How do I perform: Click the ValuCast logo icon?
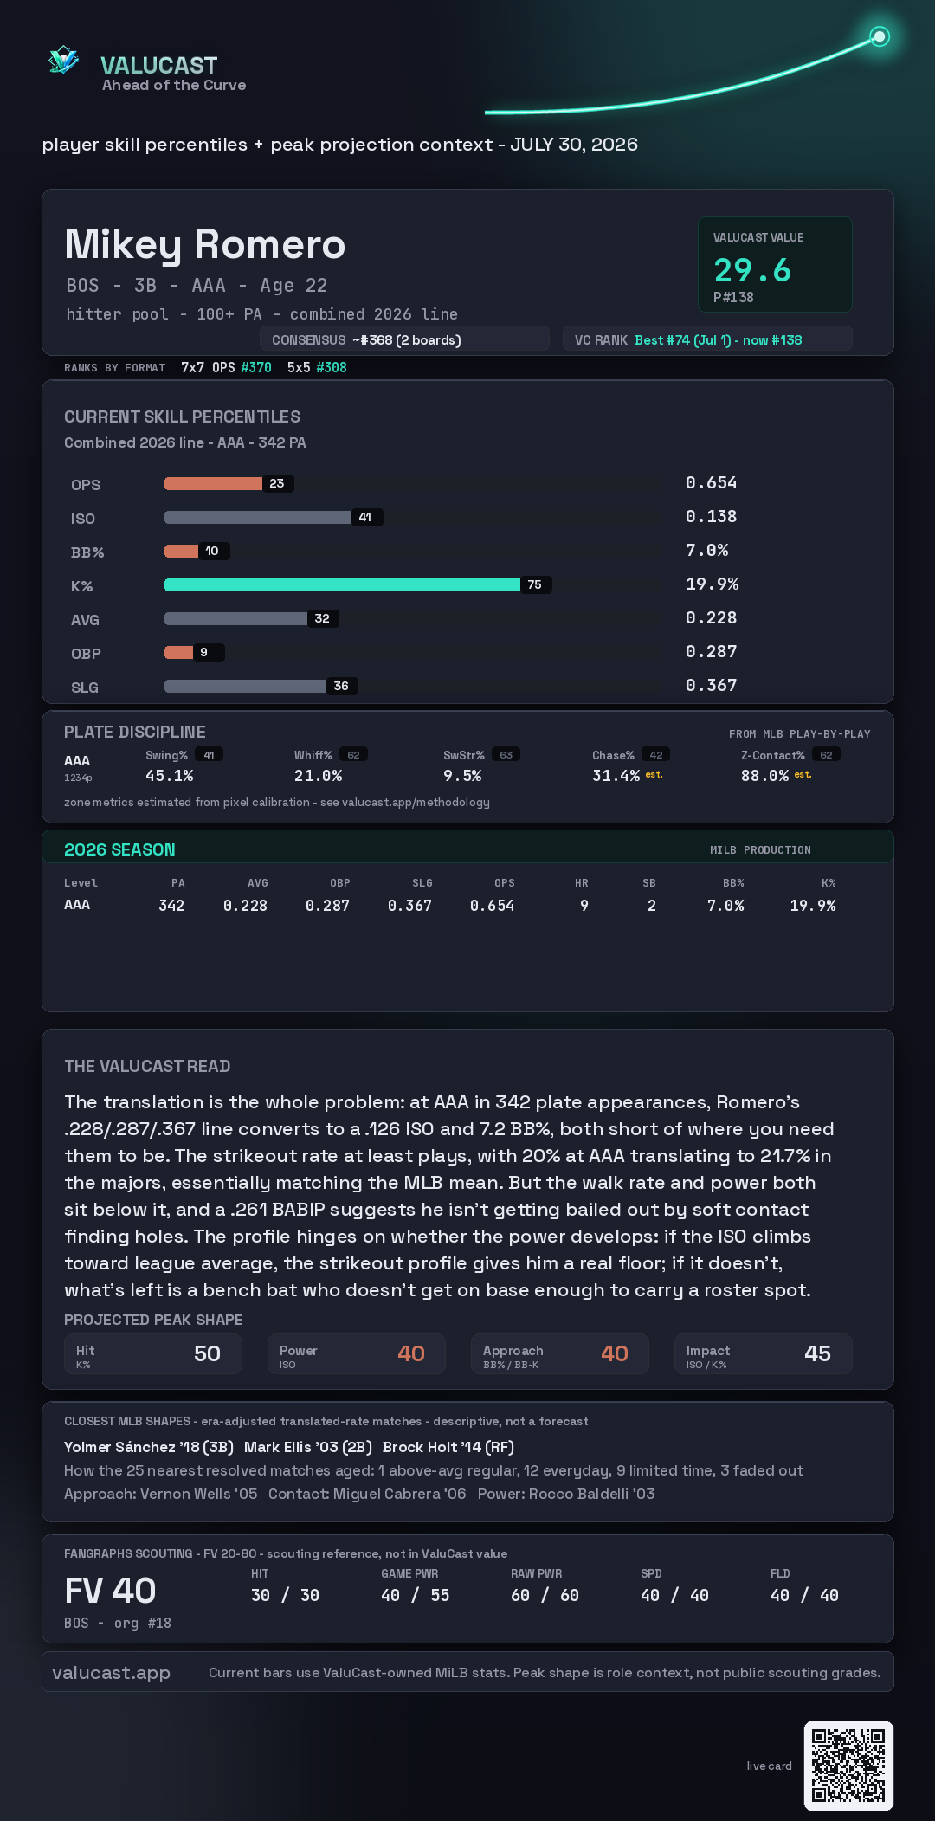[63, 61]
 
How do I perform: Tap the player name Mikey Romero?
[205, 245]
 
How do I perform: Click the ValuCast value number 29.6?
[752, 270]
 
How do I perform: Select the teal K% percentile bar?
[342, 584]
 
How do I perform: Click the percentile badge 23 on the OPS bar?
[277, 483]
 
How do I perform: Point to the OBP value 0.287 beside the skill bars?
[711, 651]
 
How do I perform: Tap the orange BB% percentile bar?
[181, 551]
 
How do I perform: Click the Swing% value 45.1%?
[169, 776]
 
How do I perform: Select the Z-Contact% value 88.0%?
[764, 776]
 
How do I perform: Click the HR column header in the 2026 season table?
[582, 883]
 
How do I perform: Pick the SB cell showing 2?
[652, 906]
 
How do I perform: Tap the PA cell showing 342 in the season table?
[171, 906]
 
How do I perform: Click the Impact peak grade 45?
[817, 1353]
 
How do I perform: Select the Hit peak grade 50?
[207, 1353]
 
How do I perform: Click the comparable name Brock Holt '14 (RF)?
[448, 1447]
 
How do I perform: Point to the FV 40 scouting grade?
[110, 1591]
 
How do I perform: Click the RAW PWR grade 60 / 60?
[545, 1595]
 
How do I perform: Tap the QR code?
[848, 1766]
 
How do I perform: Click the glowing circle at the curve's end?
[880, 36]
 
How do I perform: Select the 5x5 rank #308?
[332, 367]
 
